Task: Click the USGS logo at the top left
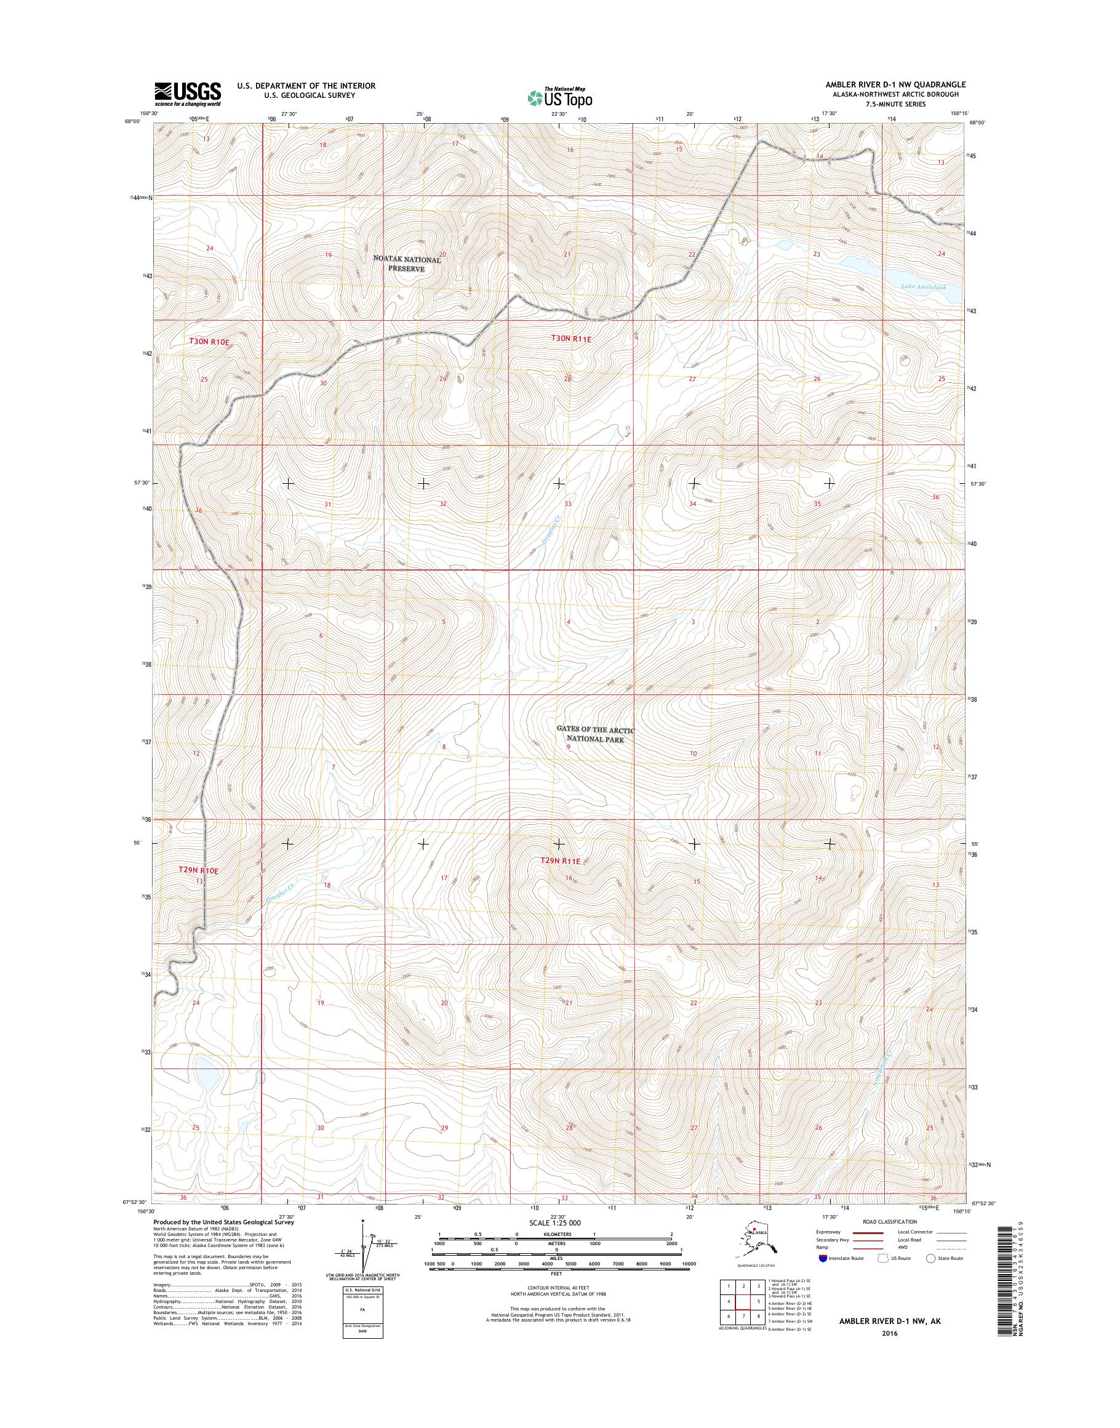[188, 94]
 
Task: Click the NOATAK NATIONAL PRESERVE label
[407, 263]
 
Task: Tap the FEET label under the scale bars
[556, 1274]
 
